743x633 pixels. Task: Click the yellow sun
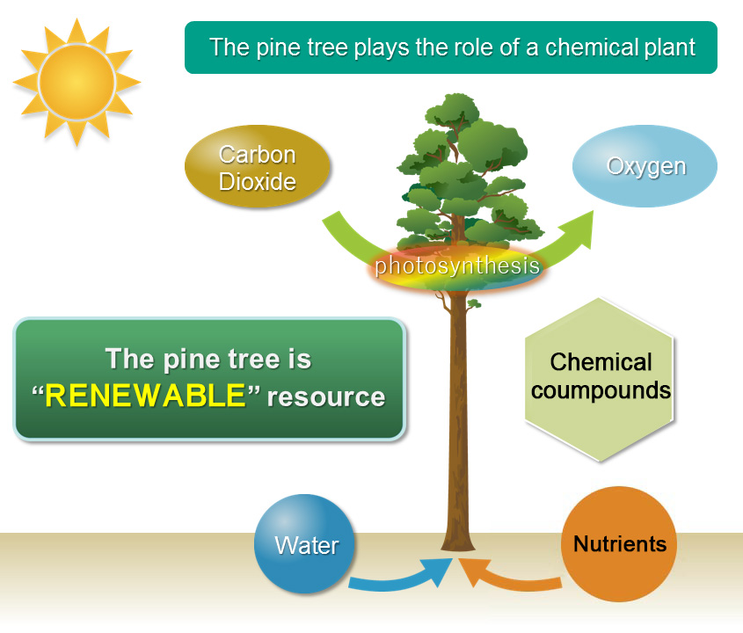[76, 82]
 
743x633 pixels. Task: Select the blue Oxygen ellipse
[645, 167]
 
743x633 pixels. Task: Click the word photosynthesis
[457, 266]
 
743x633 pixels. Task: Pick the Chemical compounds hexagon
[601, 376]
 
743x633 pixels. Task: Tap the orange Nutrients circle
[619, 543]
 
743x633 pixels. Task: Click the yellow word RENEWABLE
[144, 397]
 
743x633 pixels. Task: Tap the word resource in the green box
[326, 397]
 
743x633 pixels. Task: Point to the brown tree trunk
[459, 413]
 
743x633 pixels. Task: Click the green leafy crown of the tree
[457, 167]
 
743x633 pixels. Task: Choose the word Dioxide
[258, 182]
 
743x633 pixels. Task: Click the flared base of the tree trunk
[458, 541]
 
